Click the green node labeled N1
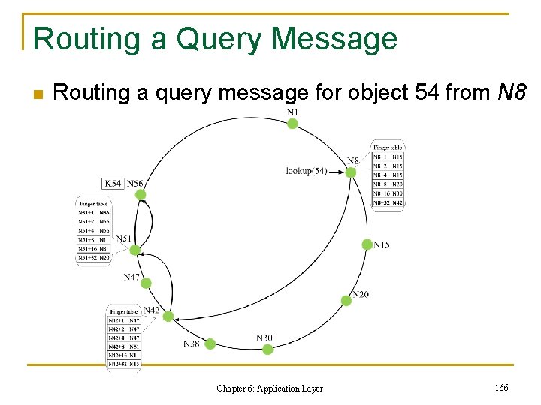292,124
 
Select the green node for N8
350,172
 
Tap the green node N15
367,244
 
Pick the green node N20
346,300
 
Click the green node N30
267,349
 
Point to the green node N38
210,343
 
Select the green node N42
168,316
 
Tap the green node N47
146,283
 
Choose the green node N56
141,195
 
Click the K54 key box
113,183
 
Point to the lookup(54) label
306,171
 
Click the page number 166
502,387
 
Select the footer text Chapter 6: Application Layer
270,388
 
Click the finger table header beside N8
388,148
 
